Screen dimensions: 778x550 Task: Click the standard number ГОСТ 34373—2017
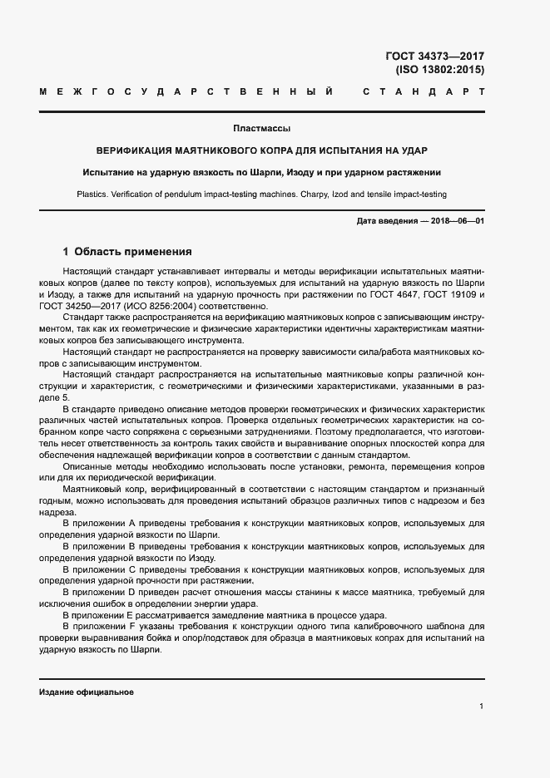point(435,57)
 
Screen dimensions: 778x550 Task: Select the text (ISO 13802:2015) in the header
point(440,71)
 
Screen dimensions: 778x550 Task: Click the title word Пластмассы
point(261,129)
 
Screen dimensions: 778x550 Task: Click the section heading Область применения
point(133,251)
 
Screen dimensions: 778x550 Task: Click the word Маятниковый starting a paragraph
point(93,491)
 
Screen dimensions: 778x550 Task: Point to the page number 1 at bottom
point(482,706)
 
